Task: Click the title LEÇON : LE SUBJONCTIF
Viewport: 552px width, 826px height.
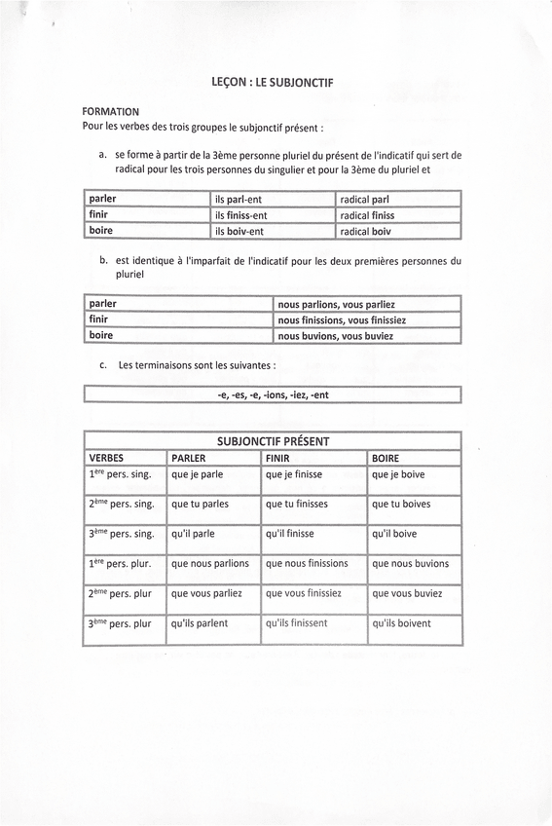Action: click(273, 83)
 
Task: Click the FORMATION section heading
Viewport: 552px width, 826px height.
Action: click(111, 112)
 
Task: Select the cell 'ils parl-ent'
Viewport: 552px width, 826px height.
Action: click(240, 200)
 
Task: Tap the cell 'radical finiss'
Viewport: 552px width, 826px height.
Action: click(367, 215)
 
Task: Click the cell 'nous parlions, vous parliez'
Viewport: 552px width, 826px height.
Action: click(336, 304)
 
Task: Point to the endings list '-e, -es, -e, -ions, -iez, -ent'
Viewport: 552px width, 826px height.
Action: click(273, 395)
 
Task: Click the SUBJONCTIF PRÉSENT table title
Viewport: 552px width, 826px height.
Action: click(273, 441)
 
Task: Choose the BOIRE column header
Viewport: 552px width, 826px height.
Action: click(386, 458)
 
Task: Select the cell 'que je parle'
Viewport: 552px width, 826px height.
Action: click(197, 475)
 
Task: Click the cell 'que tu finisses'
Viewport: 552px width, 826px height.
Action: click(296, 505)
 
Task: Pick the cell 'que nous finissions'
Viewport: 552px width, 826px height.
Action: click(306, 563)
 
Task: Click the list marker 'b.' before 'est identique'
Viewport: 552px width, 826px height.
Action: click(104, 261)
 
